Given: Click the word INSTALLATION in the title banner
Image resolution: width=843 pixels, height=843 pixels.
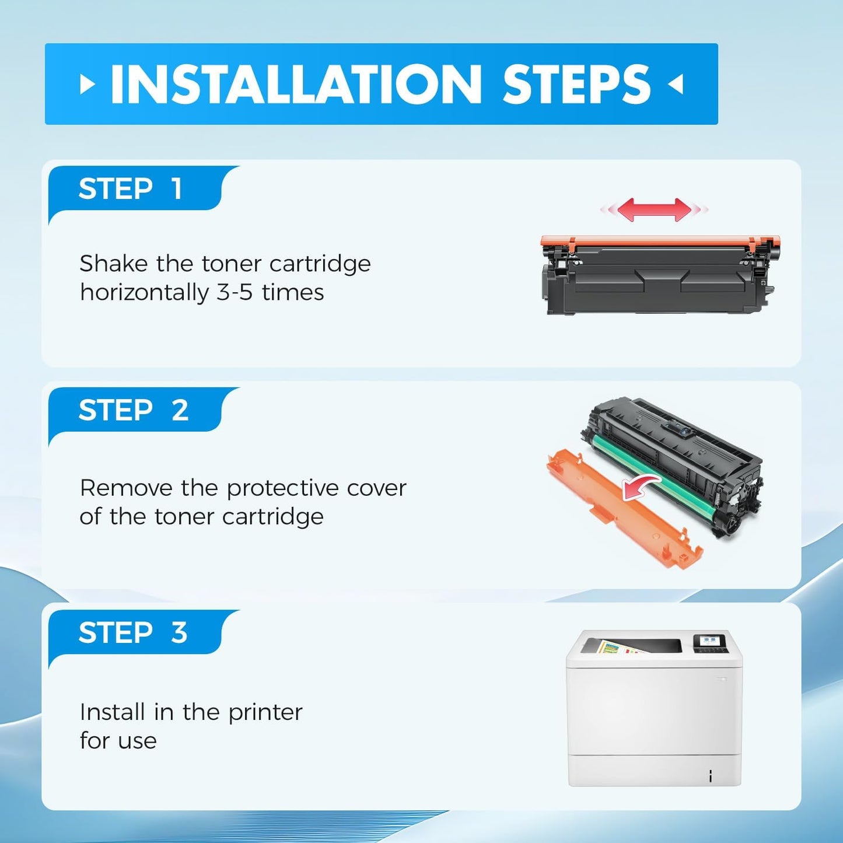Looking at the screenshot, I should coord(296,85).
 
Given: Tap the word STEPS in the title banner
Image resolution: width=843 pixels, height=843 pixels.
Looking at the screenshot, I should coord(576,85).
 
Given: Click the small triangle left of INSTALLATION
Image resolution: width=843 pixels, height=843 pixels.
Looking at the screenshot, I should coord(87,85).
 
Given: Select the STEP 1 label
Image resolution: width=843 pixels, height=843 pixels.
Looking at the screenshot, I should coord(130,189).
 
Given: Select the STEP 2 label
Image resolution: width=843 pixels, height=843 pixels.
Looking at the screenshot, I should coord(133,411).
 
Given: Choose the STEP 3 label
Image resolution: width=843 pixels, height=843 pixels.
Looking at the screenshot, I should coord(132,633).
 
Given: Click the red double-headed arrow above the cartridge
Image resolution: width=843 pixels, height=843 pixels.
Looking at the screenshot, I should coord(654,209).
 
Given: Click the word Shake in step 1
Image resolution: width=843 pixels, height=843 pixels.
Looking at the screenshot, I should coord(113,264).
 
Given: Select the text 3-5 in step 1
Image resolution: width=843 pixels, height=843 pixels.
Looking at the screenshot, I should coord(234,292).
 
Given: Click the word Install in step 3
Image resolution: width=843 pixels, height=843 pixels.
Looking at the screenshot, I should coord(112,712).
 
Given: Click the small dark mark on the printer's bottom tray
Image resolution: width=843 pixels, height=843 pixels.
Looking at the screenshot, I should coord(710,776).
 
